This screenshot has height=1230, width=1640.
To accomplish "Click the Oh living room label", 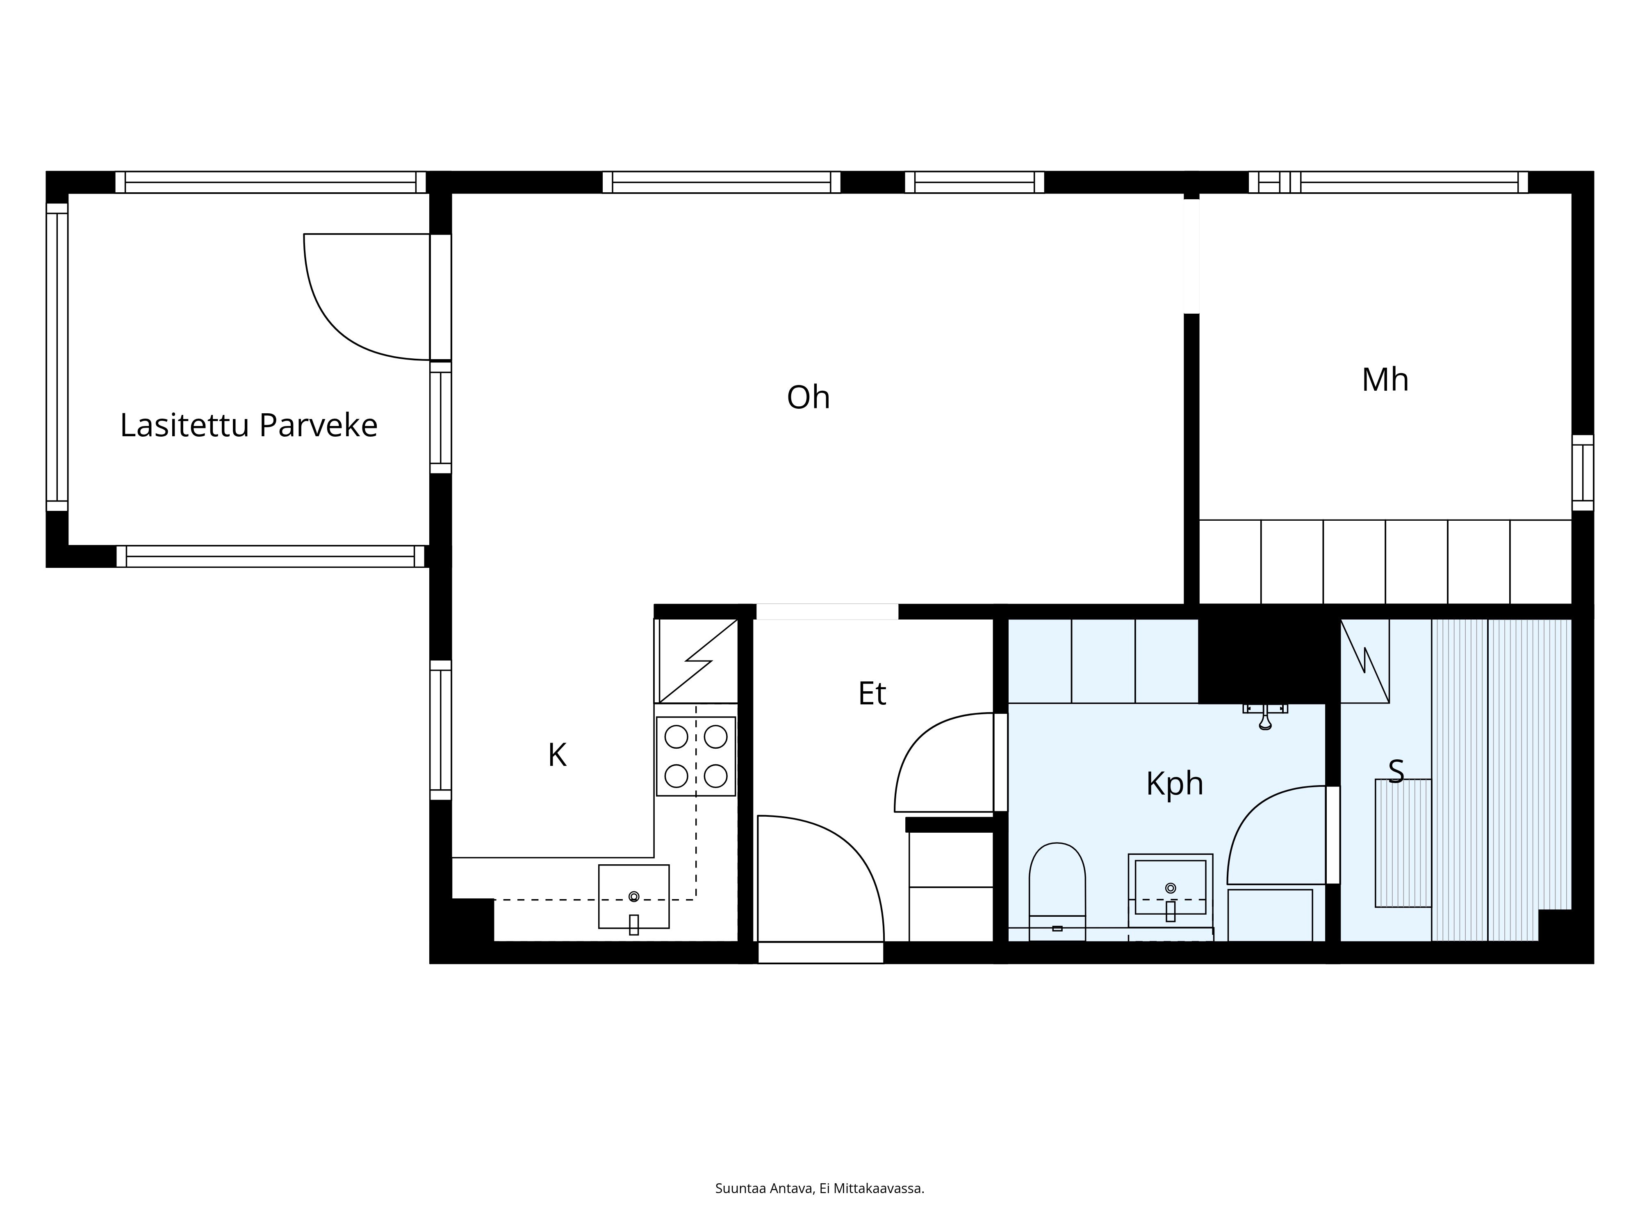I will point(808,397).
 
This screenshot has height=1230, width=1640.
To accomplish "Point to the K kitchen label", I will point(557,756).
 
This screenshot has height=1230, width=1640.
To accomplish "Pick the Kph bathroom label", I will point(1174,784).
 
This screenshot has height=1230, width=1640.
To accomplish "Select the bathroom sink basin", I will point(1170,888).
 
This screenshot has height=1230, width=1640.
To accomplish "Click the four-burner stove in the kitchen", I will point(695,756).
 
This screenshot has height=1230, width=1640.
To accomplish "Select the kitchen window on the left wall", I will point(440,730).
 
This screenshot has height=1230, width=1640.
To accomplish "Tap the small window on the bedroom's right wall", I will point(1582,472).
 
